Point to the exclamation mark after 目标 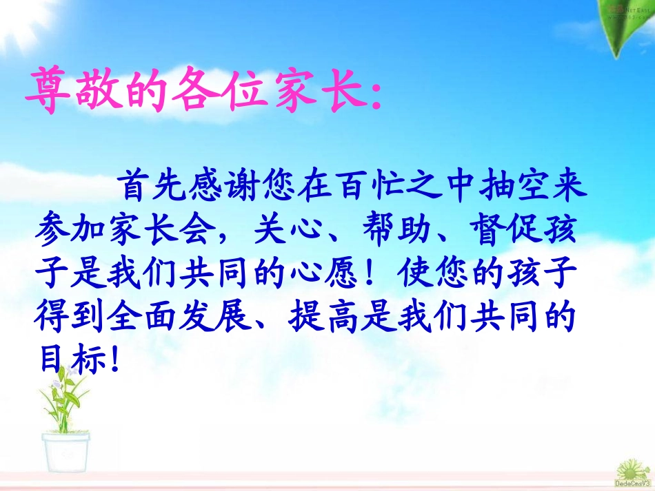pyautogui.click(x=114, y=360)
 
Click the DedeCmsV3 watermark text pyautogui.click(x=634, y=484)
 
